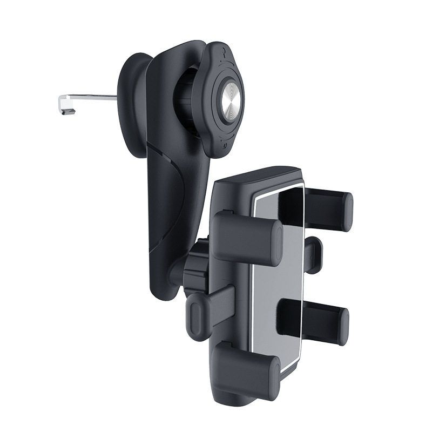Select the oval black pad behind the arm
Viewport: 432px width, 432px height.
pos(132,97)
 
